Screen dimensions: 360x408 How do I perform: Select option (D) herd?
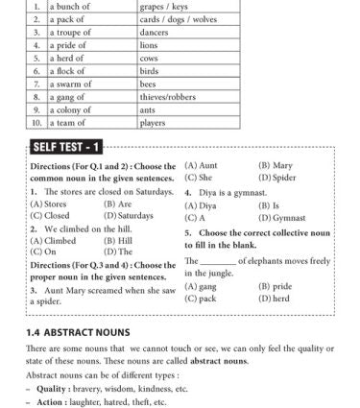click(277, 299)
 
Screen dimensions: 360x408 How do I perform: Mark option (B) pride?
click(277, 286)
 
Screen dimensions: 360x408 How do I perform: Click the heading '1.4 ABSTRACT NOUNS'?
click(72, 331)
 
